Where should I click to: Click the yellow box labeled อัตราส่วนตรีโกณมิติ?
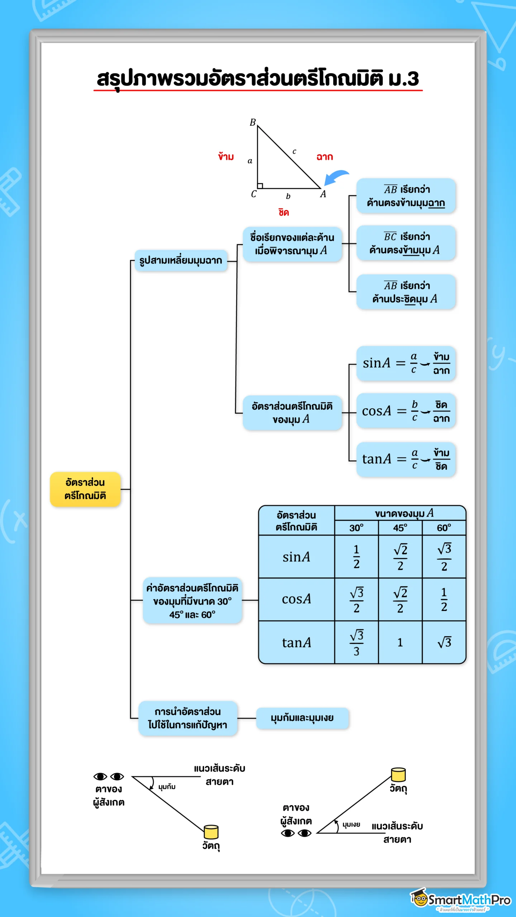85,489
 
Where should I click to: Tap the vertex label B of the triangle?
253,123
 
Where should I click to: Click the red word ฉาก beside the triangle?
325,157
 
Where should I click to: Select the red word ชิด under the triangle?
283,212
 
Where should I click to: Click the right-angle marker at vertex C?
260,186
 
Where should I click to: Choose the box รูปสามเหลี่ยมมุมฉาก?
181,260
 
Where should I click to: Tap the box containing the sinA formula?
406,363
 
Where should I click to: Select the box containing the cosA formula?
406,411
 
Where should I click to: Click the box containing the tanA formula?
406,459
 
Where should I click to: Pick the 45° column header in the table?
400,528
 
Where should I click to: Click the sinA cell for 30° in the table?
356,557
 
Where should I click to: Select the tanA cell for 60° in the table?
444,642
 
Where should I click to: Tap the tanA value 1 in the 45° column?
400,642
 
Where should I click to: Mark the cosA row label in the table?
296,599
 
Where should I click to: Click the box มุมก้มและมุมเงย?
302,718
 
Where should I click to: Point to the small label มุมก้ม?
167,787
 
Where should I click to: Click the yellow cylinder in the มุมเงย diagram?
398,774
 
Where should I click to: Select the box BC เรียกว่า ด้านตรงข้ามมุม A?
406,243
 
